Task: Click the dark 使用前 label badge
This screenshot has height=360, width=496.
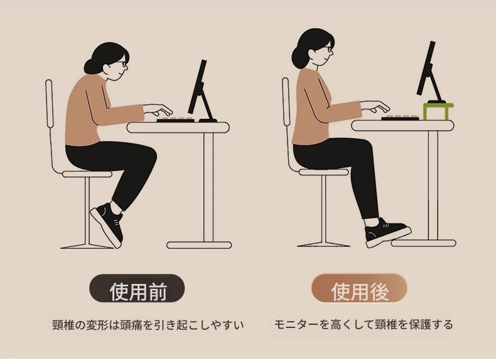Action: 137,289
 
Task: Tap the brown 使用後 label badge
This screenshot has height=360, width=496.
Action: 359,289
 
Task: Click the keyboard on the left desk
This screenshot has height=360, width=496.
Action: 176,120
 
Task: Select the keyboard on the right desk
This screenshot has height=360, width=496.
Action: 400,118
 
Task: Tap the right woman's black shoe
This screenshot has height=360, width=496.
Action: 387,233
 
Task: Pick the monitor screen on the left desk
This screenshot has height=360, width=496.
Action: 197,87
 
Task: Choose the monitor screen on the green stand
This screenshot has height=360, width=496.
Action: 426,68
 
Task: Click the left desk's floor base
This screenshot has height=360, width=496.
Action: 199,245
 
